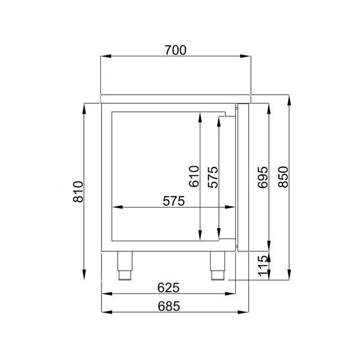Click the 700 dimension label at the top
click(x=175, y=50)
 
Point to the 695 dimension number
click(x=263, y=177)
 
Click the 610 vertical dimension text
click(x=193, y=177)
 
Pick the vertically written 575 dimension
click(x=212, y=177)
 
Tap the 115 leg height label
click(x=263, y=265)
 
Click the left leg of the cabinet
click(x=125, y=264)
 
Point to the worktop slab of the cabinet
click(x=175, y=98)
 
